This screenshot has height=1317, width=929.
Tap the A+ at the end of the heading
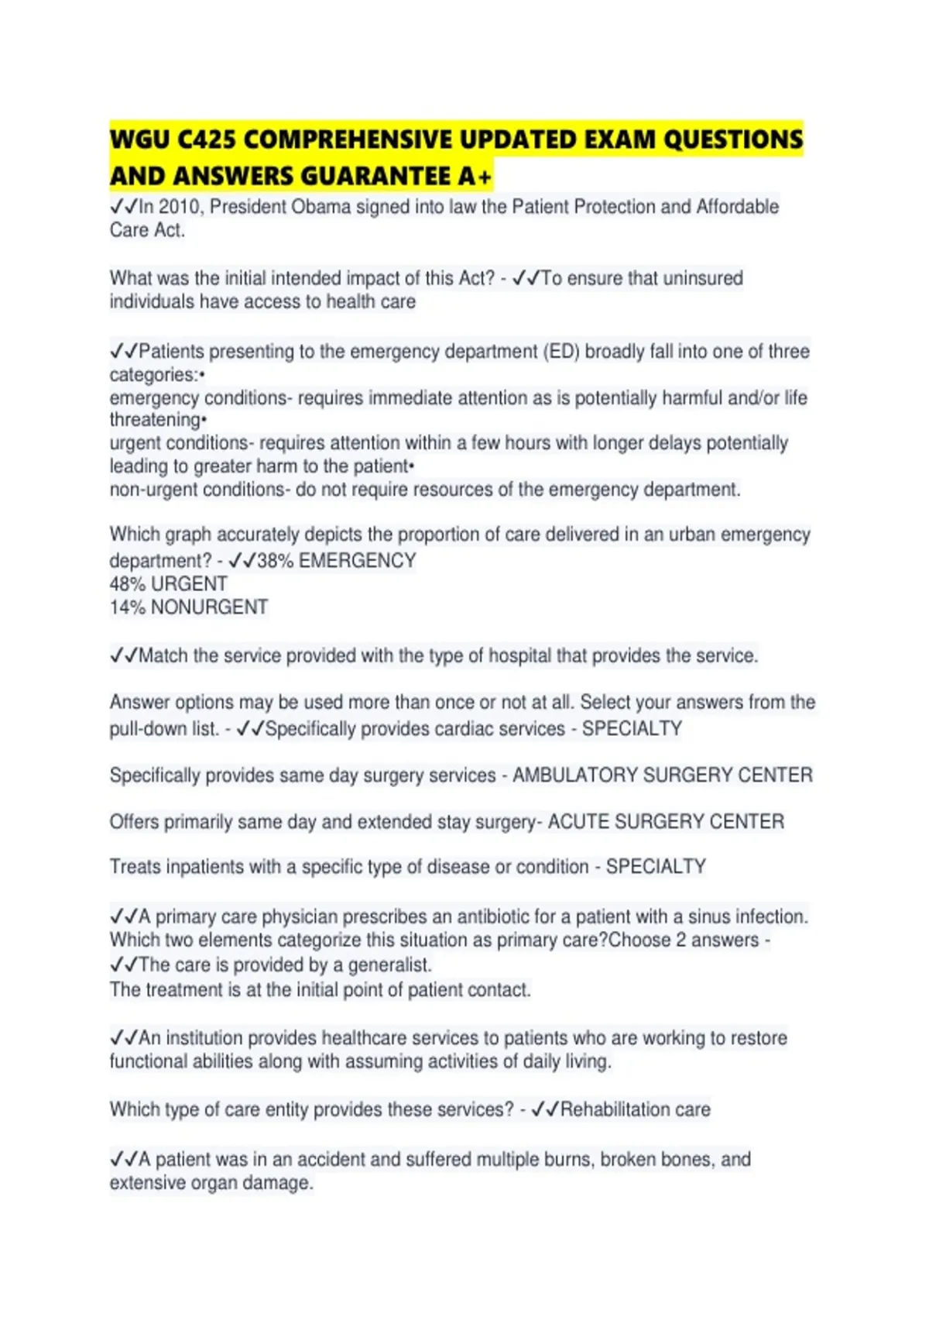(x=474, y=177)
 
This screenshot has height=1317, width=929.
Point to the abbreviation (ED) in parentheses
(x=561, y=352)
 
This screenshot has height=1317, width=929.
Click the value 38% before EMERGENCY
(x=275, y=561)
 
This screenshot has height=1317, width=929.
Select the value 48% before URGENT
(x=128, y=584)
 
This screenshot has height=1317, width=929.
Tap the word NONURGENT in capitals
(x=209, y=607)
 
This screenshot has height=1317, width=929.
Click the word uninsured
(x=701, y=278)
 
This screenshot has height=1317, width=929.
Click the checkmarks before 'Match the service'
(x=124, y=656)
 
